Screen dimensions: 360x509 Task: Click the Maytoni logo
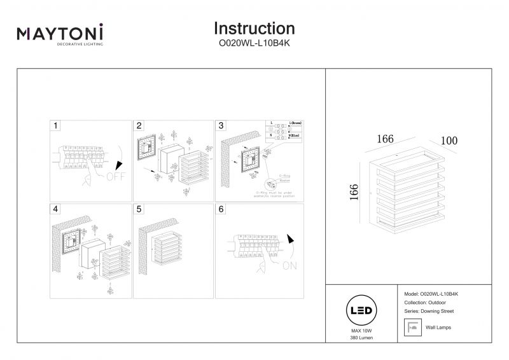(x=60, y=34)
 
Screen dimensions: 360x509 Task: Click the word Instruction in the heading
(x=254, y=29)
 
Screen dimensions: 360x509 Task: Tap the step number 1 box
(x=56, y=126)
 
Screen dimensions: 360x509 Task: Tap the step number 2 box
(x=139, y=126)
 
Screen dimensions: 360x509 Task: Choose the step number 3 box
(x=221, y=126)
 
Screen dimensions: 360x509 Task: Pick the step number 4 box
(x=56, y=209)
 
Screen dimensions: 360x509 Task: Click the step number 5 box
(x=139, y=209)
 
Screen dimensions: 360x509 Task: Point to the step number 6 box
(x=221, y=209)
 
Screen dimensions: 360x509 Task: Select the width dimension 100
(x=449, y=141)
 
